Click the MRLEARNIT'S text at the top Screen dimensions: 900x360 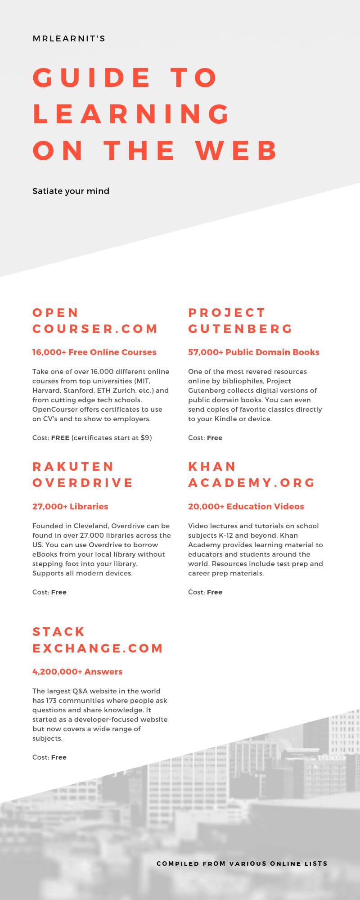(69, 39)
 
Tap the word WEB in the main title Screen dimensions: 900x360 (237, 150)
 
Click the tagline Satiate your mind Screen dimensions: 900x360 (71, 191)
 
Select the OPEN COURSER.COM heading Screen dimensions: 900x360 (95, 321)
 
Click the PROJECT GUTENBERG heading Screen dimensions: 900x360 (240, 321)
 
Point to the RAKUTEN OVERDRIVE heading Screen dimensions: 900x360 (83, 475)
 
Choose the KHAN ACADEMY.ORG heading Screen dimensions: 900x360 (252, 475)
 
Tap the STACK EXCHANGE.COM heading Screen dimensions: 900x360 (98, 640)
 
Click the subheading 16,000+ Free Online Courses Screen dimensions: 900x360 (94, 352)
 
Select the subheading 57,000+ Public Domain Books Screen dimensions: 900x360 (253, 352)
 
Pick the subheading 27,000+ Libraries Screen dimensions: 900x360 (70, 506)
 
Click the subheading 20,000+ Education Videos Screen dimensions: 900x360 (246, 506)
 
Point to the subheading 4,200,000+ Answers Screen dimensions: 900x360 (77, 671)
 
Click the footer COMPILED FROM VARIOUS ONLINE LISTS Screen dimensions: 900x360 (242, 864)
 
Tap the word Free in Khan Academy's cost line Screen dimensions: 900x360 (215, 592)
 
